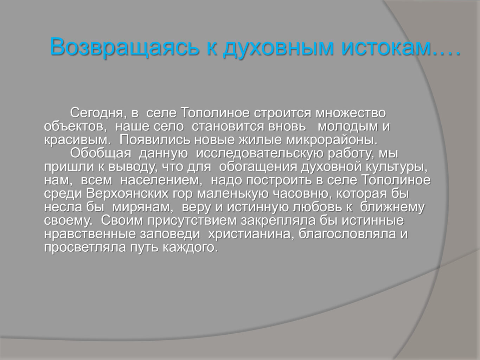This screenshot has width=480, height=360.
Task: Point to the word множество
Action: (x=351, y=113)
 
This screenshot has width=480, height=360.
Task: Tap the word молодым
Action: (x=348, y=127)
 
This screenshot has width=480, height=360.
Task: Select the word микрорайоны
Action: (x=332, y=140)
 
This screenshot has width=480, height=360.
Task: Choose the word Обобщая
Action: (x=101, y=153)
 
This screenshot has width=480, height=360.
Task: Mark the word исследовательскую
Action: (x=260, y=153)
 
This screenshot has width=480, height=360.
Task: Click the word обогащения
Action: (x=258, y=167)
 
